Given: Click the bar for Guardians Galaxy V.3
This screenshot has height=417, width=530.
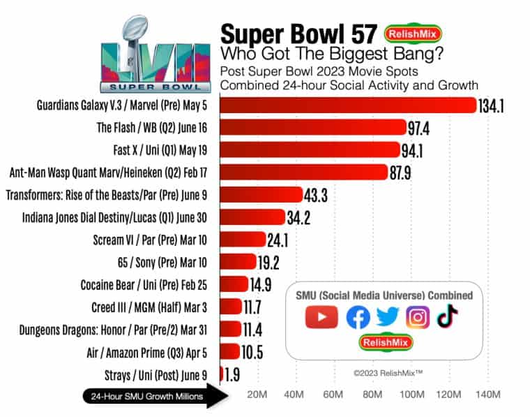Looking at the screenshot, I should click(349, 105).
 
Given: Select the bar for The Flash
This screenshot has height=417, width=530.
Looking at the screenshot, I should click(313, 127).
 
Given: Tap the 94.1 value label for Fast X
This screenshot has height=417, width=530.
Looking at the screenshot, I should click(417, 150).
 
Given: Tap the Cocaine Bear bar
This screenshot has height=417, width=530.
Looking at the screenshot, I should click(234, 284).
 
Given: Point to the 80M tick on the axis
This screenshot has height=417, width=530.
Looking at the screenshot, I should click(374, 396).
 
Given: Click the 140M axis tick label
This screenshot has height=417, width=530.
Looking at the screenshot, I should click(487, 396).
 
